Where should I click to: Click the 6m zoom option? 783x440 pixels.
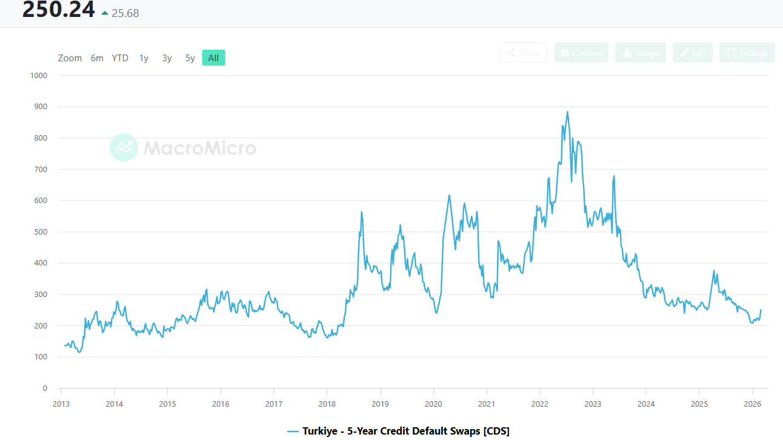[97, 58]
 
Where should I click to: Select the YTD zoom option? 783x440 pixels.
[120, 58]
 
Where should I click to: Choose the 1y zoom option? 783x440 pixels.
[144, 58]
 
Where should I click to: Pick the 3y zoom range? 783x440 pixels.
[167, 58]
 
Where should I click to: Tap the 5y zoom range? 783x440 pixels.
[190, 58]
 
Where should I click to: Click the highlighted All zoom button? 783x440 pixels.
[213, 58]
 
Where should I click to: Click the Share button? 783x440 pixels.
[523, 53]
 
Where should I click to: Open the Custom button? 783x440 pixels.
[581, 53]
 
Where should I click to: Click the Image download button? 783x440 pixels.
[640, 53]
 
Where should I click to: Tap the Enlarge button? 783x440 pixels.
[747, 53]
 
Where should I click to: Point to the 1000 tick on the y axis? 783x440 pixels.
[39, 76]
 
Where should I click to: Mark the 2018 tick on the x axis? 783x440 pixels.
[327, 404]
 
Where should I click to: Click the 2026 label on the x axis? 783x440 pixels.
[752, 404]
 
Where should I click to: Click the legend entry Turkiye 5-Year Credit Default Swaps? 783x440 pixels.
[399, 431]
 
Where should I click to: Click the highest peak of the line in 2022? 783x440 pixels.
[567, 112]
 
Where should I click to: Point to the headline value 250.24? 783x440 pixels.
[59, 10]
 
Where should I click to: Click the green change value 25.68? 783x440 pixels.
[125, 13]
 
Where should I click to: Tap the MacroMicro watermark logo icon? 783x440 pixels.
[124, 147]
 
